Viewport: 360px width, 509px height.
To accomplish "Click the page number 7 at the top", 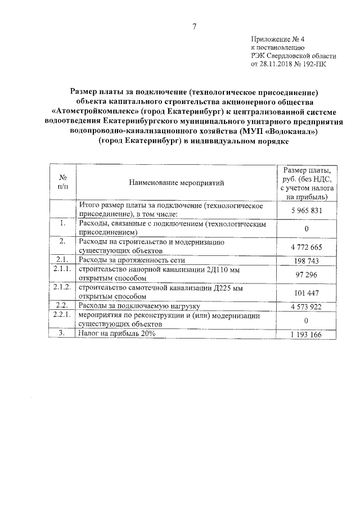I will click(x=193, y=26).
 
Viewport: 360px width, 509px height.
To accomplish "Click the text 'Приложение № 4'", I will click(x=277, y=39).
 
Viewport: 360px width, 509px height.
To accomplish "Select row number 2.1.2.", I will click(x=63, y=287).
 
